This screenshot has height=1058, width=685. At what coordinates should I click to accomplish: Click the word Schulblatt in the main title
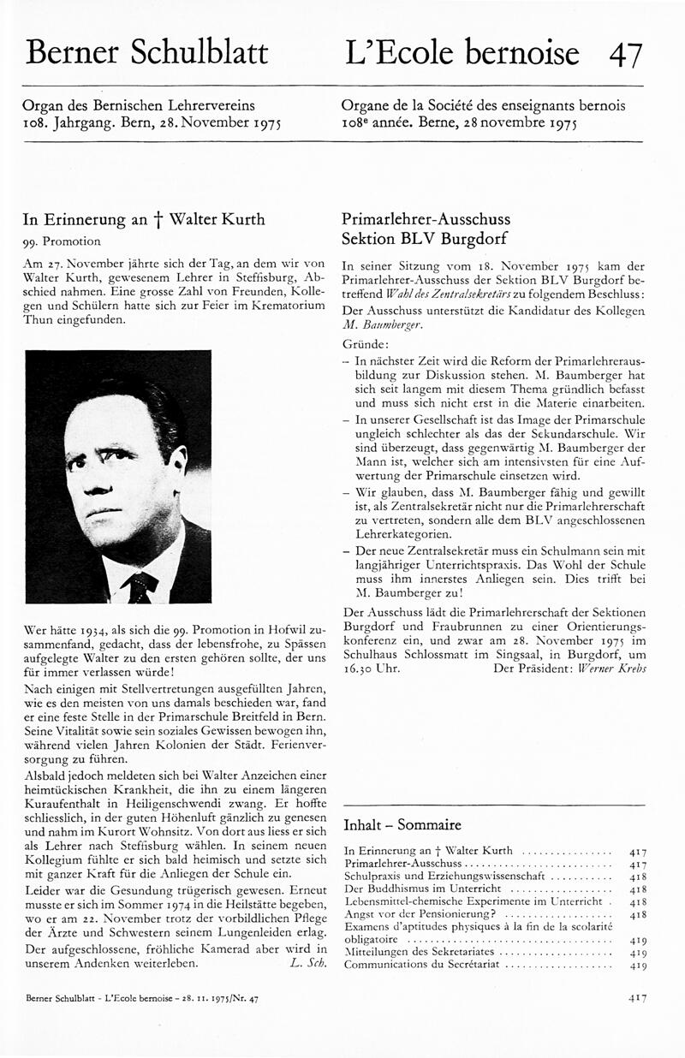tap(200, 52)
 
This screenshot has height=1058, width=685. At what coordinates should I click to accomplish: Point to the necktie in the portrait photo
tap(140, 586)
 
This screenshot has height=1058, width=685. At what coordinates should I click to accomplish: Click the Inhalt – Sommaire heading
tap(402, 825)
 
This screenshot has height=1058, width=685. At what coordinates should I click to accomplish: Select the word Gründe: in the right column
tap(360, 342)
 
